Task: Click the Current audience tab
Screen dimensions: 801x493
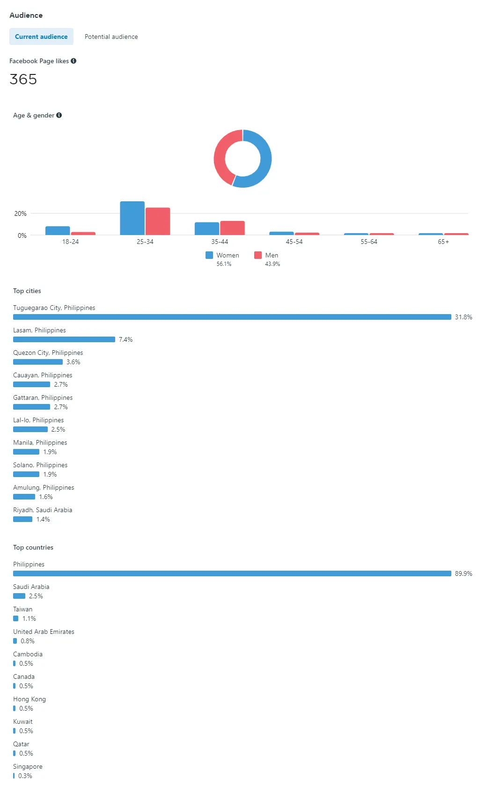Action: point(41,37)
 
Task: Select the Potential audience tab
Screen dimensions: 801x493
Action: point(111,37)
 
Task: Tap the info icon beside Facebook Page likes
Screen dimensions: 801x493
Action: point(74,61)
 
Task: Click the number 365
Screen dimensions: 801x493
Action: point(23,79)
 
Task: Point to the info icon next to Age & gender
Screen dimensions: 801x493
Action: point(59,115)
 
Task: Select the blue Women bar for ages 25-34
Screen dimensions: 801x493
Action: point(132,218)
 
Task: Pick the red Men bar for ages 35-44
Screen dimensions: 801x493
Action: point(232,228)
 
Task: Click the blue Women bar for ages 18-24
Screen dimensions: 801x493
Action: point(58,230)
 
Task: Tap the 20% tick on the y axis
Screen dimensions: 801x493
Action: point(20,213)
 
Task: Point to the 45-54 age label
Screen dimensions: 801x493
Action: point(294,242)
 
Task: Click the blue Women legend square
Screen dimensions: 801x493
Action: point(209,255)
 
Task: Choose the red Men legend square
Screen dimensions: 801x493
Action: point(258,255)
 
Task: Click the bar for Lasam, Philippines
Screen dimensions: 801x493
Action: point(64,339)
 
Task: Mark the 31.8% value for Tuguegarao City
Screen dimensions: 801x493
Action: point(464,317)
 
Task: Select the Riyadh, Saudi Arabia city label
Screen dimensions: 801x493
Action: point(43,510)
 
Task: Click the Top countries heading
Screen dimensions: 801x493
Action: point(33,547)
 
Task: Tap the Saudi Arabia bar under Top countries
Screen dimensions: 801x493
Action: point(19,596)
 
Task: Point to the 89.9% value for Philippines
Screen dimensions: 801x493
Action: point(464,573)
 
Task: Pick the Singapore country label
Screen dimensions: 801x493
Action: point(28,766)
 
